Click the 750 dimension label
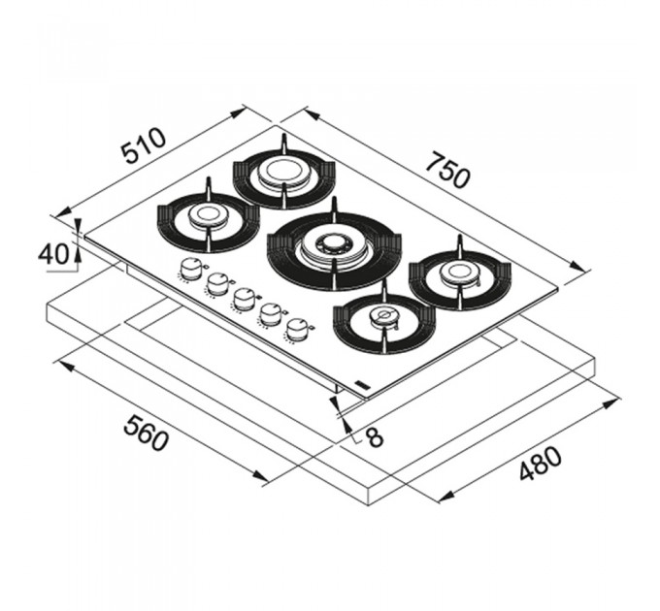(447, 170)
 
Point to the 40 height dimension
(53, 254)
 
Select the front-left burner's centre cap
(208, 215)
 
